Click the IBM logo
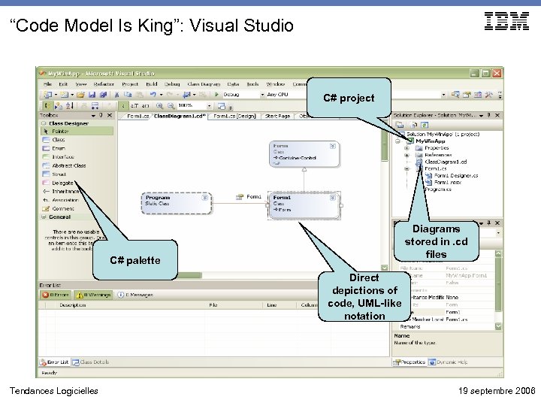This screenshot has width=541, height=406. [506, 22]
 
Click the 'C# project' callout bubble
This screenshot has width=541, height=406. [348, 98]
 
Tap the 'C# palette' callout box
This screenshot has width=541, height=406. [134, 260]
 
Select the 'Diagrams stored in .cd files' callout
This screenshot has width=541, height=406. [436, 241]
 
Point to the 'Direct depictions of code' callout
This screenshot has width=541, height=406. [364, 297]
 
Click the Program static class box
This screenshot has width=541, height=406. [176, 201]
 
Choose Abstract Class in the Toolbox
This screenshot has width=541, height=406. [68, 165]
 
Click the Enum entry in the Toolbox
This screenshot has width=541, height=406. [58, 148]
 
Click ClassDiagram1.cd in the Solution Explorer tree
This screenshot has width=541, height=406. [445, 162]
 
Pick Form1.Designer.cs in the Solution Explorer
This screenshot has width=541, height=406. [455, 176]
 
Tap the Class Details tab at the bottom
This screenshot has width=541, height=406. [94, 362]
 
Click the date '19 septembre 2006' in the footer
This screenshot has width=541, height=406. [496, 391]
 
